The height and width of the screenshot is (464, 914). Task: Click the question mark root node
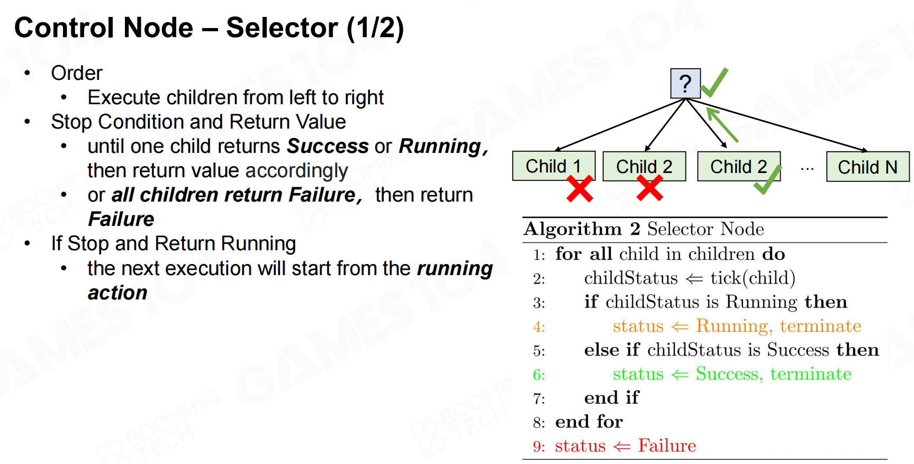pos(685,84)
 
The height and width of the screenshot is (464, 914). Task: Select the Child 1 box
pos(554,166)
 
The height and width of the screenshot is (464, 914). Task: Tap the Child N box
pos(867,167)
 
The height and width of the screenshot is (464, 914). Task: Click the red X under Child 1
pos(580,189)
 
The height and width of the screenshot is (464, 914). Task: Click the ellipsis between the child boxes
pos(807,169)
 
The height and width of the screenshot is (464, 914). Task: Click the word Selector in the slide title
pos(282,28)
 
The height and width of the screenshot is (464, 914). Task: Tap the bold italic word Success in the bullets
pos(328,146)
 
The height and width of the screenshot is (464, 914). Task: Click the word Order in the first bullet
pos(77,73)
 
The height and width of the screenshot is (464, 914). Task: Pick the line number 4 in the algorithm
pos(539,327)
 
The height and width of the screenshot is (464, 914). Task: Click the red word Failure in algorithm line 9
pos(667,445)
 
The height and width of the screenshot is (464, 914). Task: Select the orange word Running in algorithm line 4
pos(734,326)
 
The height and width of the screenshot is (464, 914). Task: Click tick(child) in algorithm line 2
pos(753,278)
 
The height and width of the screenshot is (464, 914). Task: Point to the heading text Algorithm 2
pos(582,229)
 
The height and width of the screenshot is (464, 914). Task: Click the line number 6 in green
pos(539,375)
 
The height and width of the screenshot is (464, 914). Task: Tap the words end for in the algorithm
pos(589,422)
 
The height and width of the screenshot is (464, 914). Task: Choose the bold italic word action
pos(117,293)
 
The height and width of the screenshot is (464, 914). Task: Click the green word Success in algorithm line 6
pos(729,374)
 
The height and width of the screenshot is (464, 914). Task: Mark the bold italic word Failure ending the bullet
pos(121,219)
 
